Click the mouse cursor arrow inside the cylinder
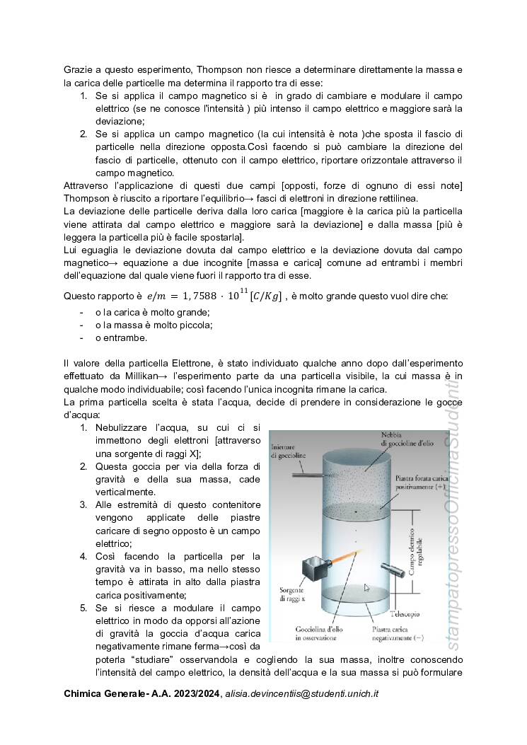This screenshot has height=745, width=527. click(x=366, y=587)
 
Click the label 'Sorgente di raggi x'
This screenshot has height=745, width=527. click(x=291, y=594)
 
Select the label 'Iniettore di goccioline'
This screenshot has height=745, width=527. click(x=288, y=452)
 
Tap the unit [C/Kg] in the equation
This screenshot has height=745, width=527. click(x=265, y=296)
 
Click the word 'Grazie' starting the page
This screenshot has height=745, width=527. click(x=79, y=69)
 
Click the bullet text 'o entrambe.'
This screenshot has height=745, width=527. click(x=121, y=337)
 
